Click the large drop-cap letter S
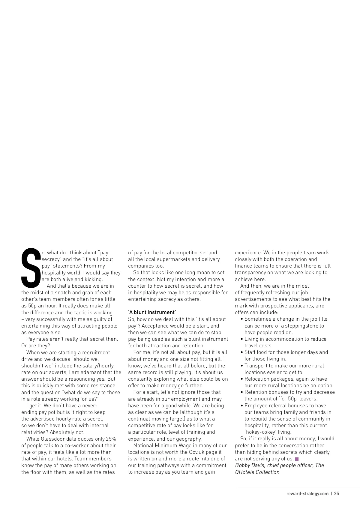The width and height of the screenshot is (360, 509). click(31, 267)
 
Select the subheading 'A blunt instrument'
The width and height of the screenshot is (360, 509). click(152, 312)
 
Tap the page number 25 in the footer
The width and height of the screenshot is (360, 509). click(337, 493)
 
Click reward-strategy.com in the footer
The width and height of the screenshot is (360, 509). click(307, 493)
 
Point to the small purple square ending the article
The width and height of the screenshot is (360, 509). click(297, 459)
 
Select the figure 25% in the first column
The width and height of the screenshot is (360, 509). click(111, 439)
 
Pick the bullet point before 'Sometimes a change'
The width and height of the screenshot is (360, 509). click(242, 319)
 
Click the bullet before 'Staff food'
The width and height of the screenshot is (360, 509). click(242, 352)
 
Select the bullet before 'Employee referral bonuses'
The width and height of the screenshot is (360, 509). click(242, 406)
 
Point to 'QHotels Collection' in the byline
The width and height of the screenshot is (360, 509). click(257, 472)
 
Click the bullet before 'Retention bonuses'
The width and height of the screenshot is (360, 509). click(242, 392)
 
